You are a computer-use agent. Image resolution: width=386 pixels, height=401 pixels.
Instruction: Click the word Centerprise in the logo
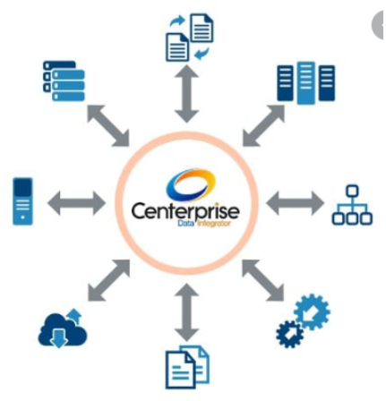click(x=185, y=210)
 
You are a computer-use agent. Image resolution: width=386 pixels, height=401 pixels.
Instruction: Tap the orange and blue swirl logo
click(x=191, y=185)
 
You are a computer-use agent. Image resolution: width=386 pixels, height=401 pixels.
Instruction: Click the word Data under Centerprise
click(x=185, y=223)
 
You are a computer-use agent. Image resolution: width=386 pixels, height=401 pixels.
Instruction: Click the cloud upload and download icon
click(x=63, y=328)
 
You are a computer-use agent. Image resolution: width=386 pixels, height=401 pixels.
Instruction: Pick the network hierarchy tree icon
click(x=352, y=205)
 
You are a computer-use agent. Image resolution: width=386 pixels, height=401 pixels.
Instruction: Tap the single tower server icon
click(x=22, y=201)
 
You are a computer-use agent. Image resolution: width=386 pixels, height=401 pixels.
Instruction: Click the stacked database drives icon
click(x=64, y=81)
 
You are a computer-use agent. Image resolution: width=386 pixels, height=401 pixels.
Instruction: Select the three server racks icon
click(x=306, y=83)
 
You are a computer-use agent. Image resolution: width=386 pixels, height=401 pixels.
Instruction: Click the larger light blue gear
click(x=312, y=311)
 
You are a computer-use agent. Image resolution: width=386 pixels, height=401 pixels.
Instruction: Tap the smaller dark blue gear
click(x=290, y=334)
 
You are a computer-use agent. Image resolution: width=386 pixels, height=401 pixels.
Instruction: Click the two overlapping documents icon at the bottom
click(x=187, y=367)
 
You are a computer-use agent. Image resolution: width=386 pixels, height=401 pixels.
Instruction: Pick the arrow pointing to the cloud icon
click(x=108, y=280)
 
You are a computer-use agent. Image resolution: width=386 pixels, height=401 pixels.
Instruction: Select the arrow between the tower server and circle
click(x=76, y=203)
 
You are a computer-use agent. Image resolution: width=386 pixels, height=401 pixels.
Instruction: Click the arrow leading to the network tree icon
click(x=295, y=203)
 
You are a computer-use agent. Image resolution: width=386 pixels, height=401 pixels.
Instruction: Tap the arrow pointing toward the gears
click(x=262, y=280)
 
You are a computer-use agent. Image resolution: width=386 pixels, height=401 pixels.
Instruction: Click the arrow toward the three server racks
click(x=263, y=126)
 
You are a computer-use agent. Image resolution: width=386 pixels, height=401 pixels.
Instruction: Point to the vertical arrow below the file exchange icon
click(x=186, y=94)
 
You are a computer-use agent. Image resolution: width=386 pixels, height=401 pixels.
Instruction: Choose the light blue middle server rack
click(x=306, y=83)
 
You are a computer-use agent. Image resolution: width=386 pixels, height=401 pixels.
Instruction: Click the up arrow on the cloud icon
click(x=74, y=316)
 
